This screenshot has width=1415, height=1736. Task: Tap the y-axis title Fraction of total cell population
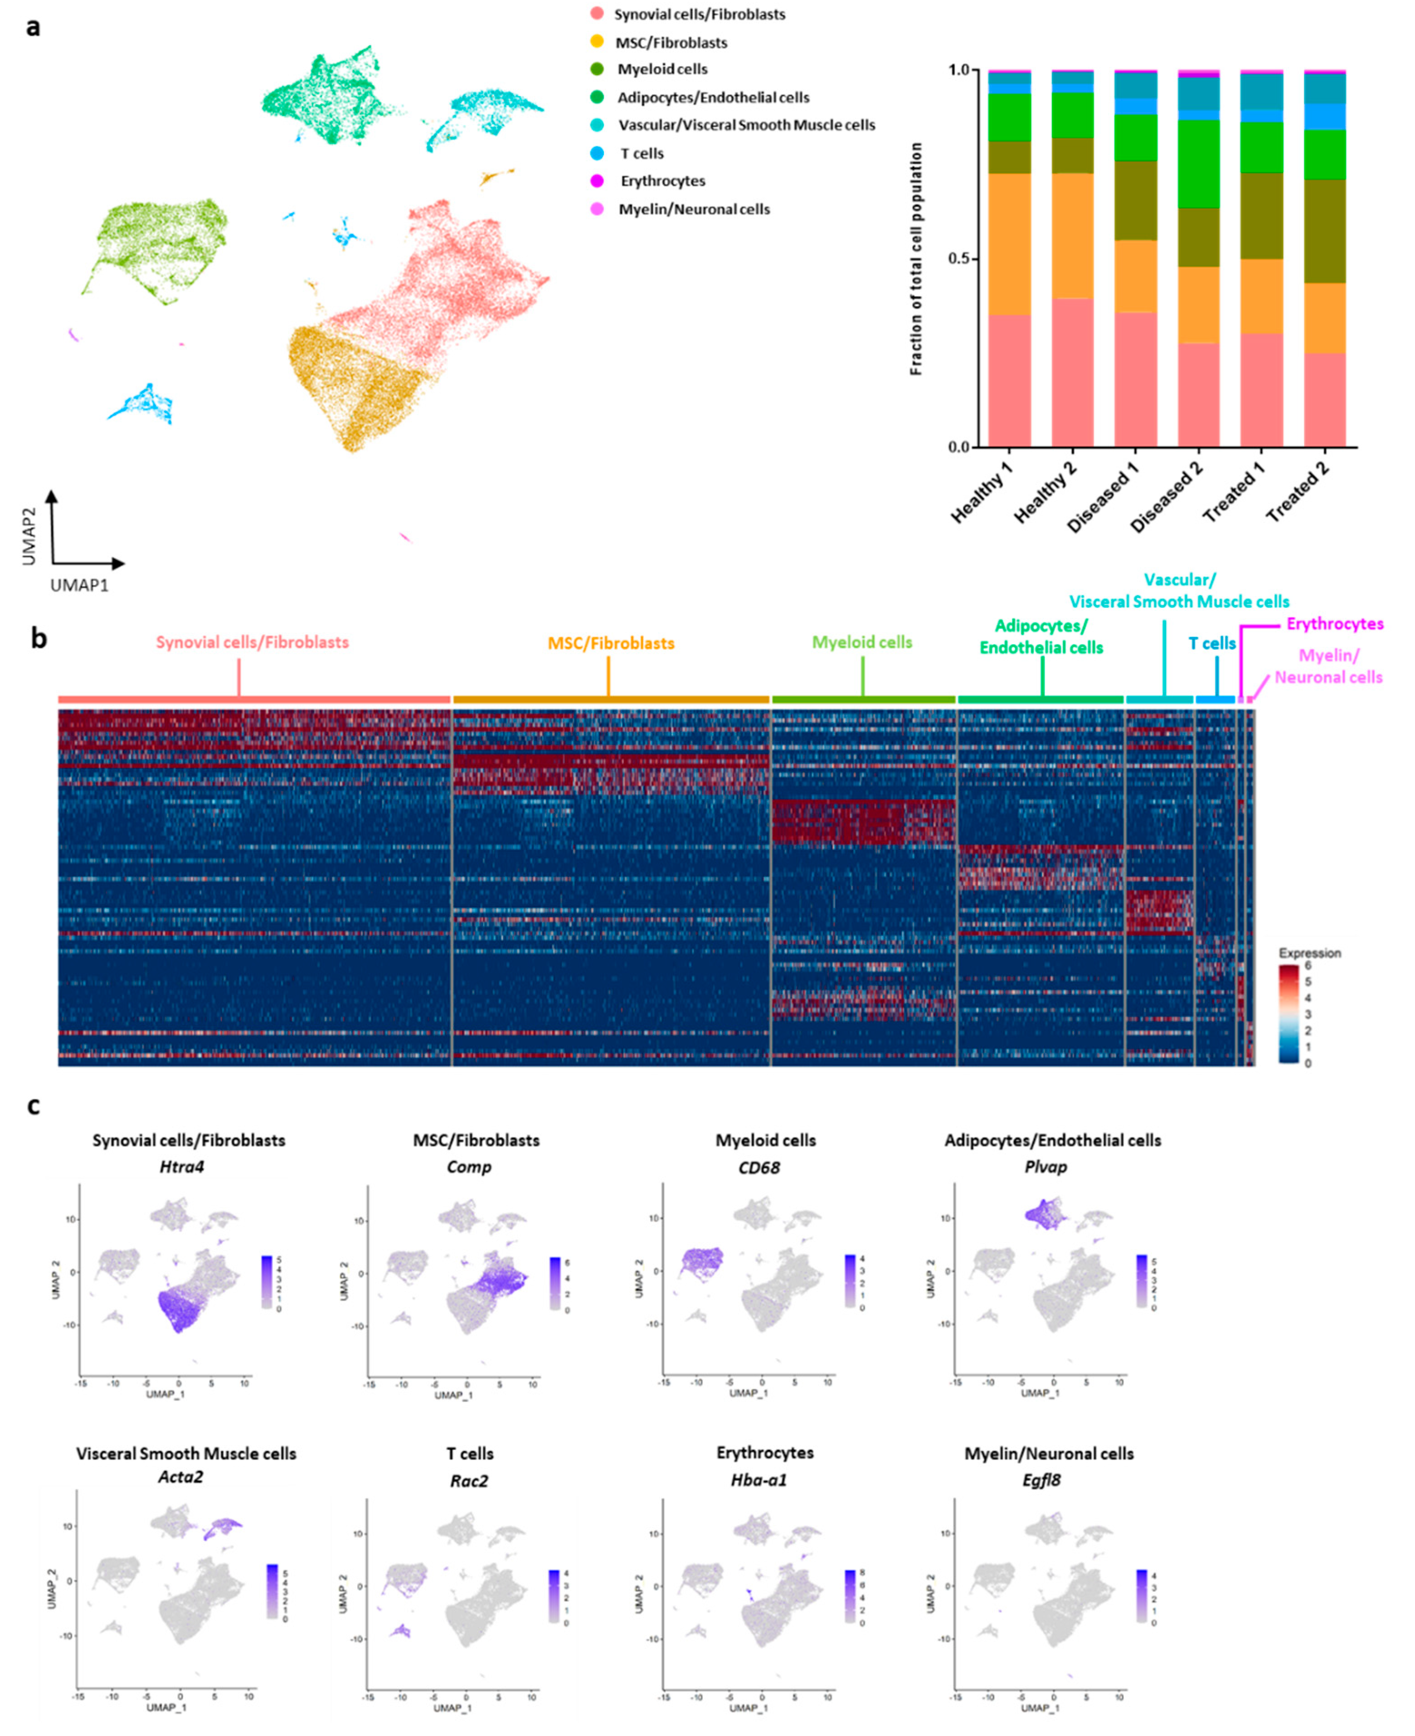coord(916,259)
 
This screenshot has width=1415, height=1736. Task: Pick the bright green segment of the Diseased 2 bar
coord(1198,164)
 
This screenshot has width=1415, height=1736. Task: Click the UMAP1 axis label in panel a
coord(79,585)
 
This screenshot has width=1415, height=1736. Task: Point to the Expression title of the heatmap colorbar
coord(1309,953)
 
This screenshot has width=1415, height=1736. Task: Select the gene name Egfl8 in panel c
coord(1042,1480)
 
